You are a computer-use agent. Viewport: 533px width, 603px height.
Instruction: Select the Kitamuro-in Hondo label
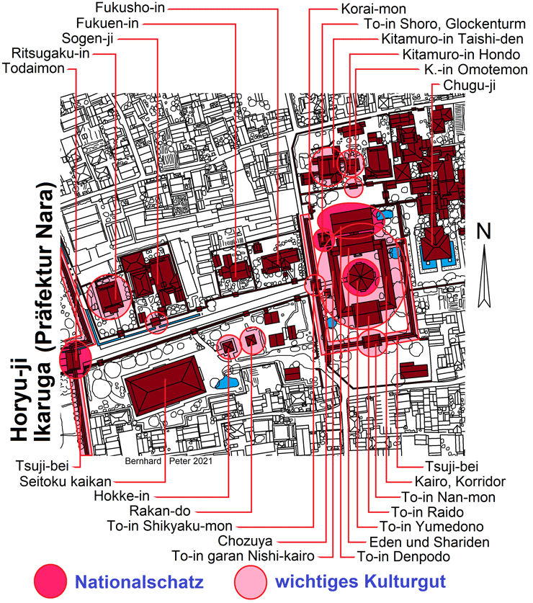point(460,55)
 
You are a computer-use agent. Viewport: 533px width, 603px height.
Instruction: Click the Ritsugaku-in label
point(51,53)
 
